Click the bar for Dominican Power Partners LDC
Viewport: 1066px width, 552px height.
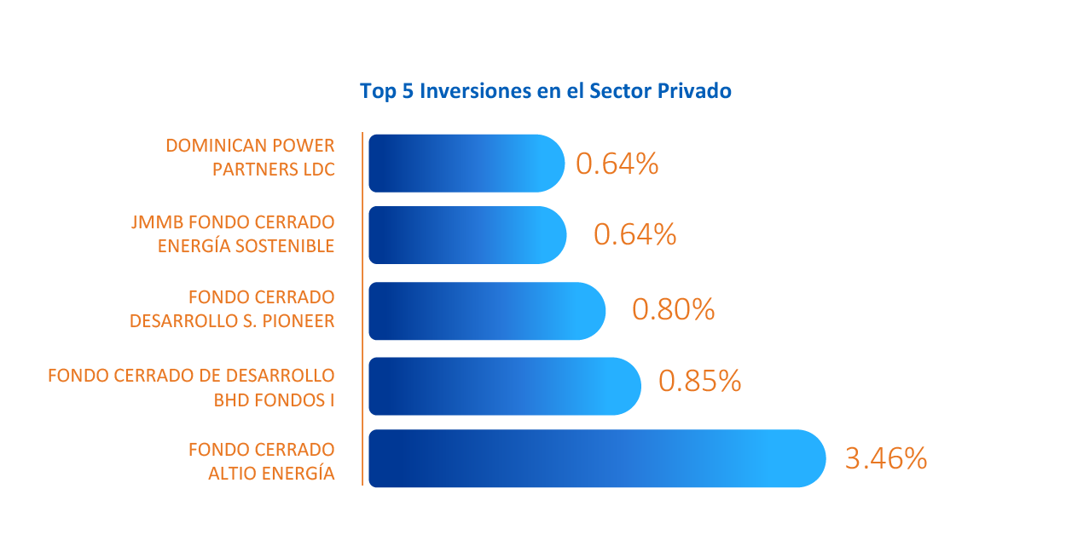(x=466, y=163)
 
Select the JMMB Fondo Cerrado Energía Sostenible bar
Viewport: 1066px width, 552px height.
(x=467, y=235)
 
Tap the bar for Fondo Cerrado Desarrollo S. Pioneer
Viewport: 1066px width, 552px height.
(x=487, y=311)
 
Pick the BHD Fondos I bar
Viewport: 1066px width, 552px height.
(x=505, y=386)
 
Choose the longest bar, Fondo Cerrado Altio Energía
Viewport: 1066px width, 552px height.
(x=597, y=458)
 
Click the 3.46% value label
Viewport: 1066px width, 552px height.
(x=886, y=458)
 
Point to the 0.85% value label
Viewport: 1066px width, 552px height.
(x=699, y=381)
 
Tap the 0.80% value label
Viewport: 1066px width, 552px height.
(x=674, y=309)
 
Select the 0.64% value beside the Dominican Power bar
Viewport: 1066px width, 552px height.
(x=617, y=164)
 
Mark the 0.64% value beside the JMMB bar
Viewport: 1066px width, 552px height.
(x=634, y=234)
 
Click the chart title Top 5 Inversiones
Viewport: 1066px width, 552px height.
(x=546, y=91)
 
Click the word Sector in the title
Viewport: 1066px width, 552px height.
(x=620, y=91)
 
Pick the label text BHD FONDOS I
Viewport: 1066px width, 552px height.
(x=274, y=400)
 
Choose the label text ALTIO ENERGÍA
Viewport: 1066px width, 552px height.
(x=272, y=473)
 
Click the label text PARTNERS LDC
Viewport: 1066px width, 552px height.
(x=274, y=170)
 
